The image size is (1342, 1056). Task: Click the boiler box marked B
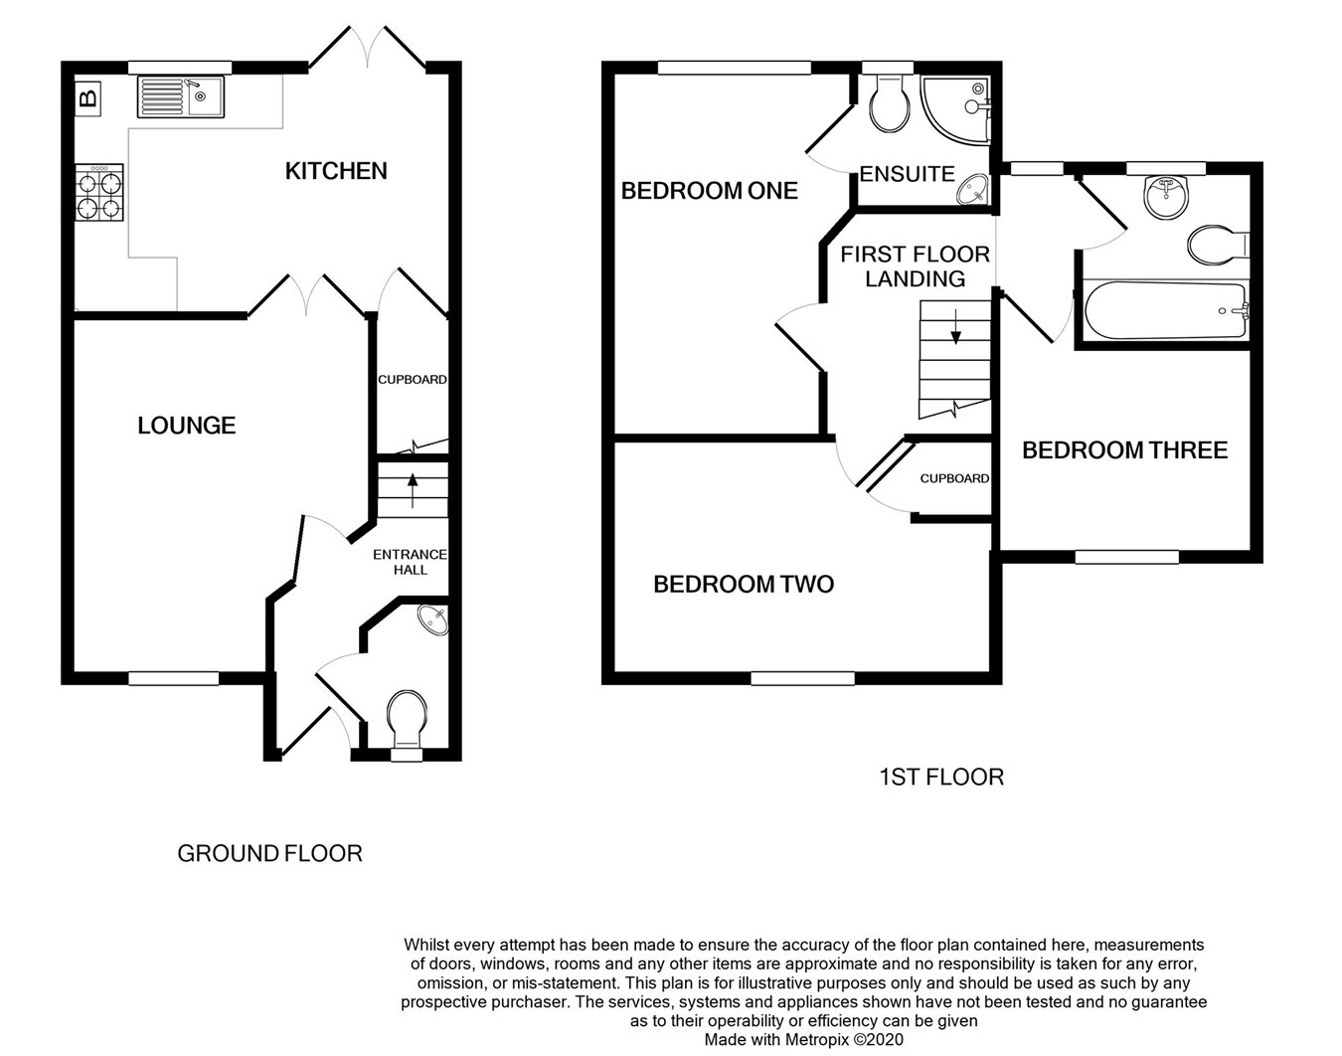pyautogui.click(x=87, y=97)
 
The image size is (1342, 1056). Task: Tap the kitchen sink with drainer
pyautogui.click(x=181, y=96)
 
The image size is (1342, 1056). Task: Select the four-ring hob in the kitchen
pyautogui.click(x=99, y=192)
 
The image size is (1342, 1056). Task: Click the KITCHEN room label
pyautogui.click(x=336, y=171)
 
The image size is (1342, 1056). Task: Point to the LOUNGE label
pyautogui.click(x=187, y=426)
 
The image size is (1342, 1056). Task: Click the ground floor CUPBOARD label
pyautogui.click(x=413, y=379)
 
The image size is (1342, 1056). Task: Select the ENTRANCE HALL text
pyautogui.click(x=410, y=562)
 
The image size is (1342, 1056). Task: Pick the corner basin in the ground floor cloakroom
pyautogui.click(x=433, y=620)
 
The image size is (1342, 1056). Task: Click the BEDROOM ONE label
pyautogui.click(x=709, y=191)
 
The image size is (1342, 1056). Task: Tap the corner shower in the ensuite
pyautogui.click(x=956, y=111)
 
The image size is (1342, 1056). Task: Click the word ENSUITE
pyautogui.click(x=907, y=174)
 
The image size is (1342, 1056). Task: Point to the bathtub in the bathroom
pyautogui.click(x=1167, y=310)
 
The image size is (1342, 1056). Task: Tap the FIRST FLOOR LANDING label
pyautogui.click(x=915, y=266)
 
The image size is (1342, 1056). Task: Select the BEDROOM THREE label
pyautogui.click(x=1125, y=450)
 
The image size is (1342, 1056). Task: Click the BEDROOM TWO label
pyautogui.click(x=744, y=585)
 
